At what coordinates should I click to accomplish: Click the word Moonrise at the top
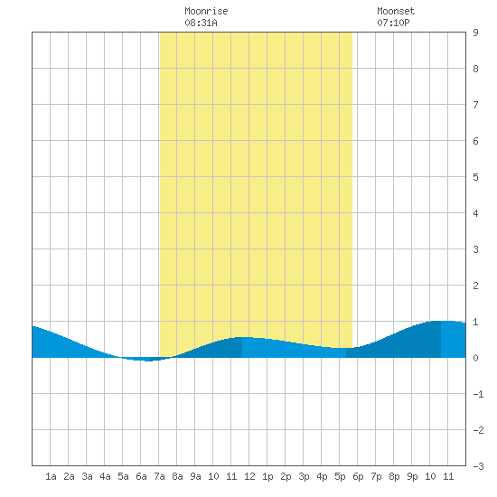pos(206,11)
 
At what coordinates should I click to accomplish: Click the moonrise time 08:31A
pos(201,23)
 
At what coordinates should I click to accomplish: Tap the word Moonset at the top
pos(396,11)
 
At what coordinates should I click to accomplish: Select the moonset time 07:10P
pos(393,23)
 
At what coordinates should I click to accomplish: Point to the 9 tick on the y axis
pos(475,33)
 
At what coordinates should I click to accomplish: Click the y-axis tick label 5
pos(475,177)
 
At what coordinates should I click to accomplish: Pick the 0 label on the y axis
pos(475,358)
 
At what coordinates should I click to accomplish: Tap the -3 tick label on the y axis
pos(478,466)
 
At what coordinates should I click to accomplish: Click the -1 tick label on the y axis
pos(478,394)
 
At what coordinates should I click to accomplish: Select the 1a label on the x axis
pos(51,476)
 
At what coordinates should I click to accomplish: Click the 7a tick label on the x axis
pos(159,476)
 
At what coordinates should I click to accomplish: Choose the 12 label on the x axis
pos(249,476)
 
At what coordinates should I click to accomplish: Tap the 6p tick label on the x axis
pos(358,476)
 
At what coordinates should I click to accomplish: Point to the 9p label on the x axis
pos(412,476)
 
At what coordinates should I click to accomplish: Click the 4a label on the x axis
pos(105,476)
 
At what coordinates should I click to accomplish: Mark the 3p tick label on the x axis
pos(304,476)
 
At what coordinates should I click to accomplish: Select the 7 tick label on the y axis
pos(475,105)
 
